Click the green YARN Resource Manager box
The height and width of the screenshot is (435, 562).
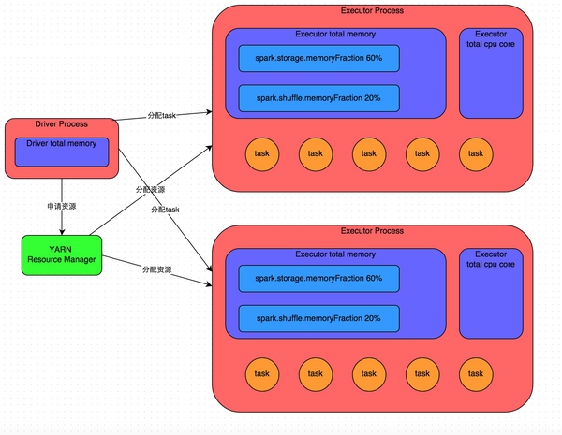point(62,254)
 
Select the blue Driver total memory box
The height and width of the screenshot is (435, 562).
point(62,152)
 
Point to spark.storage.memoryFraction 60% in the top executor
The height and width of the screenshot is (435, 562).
point(318,58)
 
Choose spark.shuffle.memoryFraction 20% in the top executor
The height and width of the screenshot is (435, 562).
point(318,97)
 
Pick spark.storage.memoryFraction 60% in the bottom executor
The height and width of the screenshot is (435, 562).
point(318,279)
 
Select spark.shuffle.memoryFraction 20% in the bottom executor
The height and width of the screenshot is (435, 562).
point(318,318)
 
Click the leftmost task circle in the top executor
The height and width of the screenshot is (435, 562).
point(262,153)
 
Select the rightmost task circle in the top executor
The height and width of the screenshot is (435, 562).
point(476,153)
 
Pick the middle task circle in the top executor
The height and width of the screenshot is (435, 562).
point(369,153)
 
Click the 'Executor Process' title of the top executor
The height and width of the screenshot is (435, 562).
point(372,12)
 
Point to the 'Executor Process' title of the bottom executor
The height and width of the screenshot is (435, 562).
point(372,231)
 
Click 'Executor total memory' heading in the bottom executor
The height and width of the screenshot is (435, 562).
point(335,254)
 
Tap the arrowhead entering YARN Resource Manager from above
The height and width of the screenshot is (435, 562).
point(62,231)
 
